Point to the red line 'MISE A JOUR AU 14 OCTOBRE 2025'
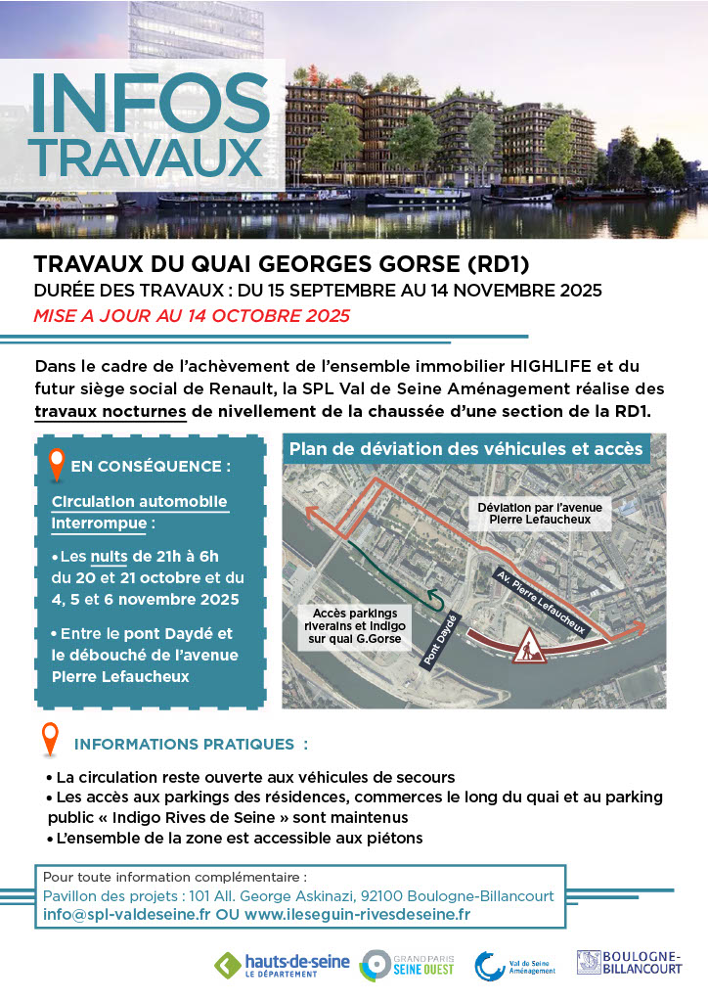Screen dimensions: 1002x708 [x=192, y=316]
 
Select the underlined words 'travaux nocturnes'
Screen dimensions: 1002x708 [x=111, y=412]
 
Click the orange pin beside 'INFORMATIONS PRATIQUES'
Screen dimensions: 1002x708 [x=50, y=740]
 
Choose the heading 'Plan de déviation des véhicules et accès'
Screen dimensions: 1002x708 [x=465, y=449]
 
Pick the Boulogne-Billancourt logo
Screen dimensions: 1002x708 [x=629, y=963]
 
